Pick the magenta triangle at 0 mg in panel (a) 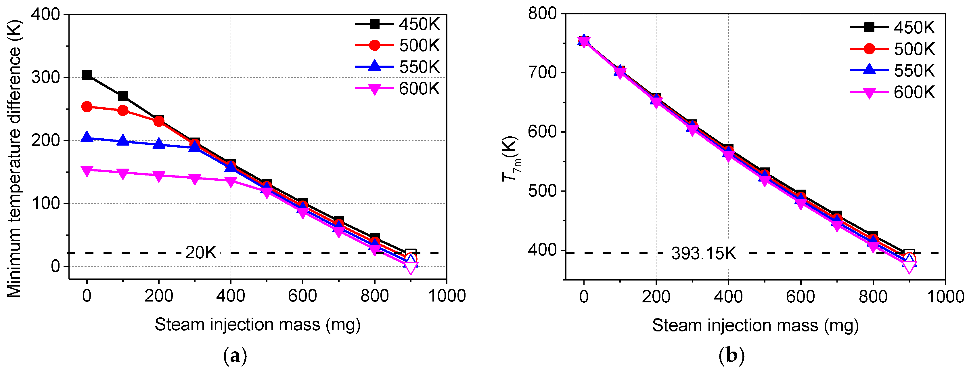pos(87,171)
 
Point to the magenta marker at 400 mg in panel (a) pos(231,182)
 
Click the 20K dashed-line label pos(200,253)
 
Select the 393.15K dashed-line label pos(703,253)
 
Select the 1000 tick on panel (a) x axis pos(447,295)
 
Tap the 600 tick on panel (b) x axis pos(801,297)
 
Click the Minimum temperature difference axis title pos(14,158)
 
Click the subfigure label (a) pos(235,355)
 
